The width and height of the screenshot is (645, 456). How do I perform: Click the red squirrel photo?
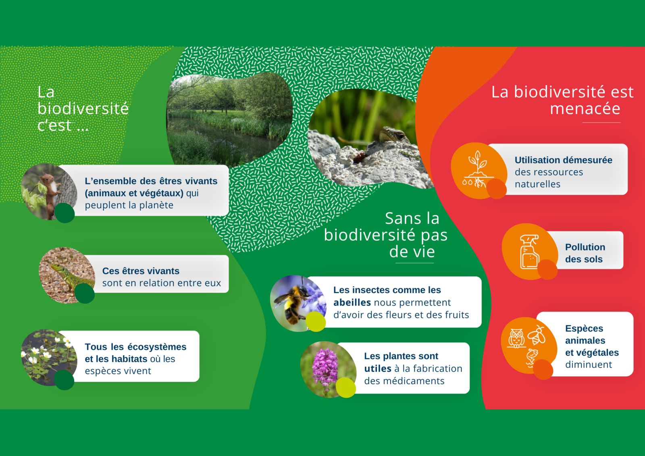(49, 192)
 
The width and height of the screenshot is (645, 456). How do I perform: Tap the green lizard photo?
(67, 275)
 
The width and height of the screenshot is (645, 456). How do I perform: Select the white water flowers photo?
(49, 358)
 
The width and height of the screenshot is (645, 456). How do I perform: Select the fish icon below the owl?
(532, 357)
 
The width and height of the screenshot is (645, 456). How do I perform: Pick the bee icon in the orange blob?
(537, 335)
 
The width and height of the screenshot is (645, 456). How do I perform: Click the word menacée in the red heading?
(585, 108)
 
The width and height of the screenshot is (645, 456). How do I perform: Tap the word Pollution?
(585, 247)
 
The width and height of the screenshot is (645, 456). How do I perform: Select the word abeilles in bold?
(352, 302)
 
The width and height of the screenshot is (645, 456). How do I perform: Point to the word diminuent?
(589, 364)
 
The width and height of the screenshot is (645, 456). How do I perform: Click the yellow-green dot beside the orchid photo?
(346, 388)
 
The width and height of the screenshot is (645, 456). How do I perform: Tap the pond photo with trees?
(229, 120)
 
